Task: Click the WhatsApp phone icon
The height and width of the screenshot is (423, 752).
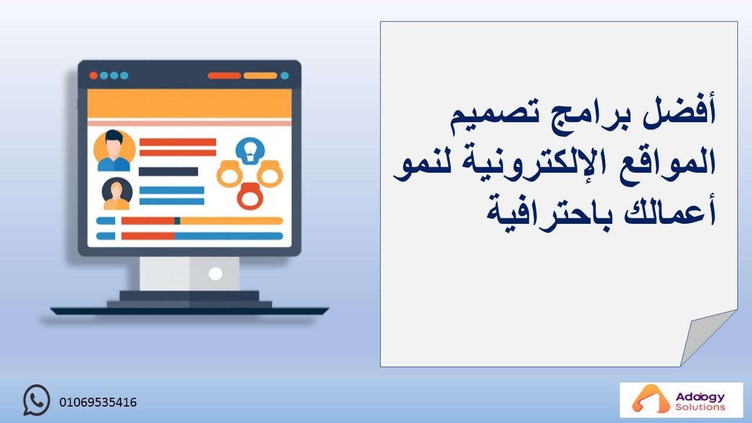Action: pyautogui.click(x=36, y=400)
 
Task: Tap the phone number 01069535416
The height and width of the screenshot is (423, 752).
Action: pyautogui.click(x=98, y=402)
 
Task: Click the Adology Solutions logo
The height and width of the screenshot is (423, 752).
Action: pyautogui.click(x=681, y=400)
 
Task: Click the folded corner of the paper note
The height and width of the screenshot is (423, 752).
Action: pyautogui.click(x=705, y=335)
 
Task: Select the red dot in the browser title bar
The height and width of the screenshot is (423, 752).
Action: pyautogui.click(x=93, y=76)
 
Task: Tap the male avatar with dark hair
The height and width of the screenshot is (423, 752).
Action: pyautogui.click(x=114, y=151)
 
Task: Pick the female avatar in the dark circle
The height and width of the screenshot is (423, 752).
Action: pyautogui.click(x=117, y=194)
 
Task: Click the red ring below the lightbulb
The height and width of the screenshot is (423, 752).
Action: pyautogui.click(x=250, y=196)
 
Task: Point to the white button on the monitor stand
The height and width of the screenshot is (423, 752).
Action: pyautogui.click(x=215, y=274)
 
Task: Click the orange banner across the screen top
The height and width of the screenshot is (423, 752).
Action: pyautogui.click(x=189, y=103)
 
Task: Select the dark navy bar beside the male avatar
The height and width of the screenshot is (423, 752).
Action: pyautogui.click(x=168, y=172)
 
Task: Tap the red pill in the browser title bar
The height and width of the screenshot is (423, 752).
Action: pyautogui.click(x=224, y=76)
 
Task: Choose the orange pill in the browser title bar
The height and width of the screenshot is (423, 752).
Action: pyautogui.click(x=260, y=76)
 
